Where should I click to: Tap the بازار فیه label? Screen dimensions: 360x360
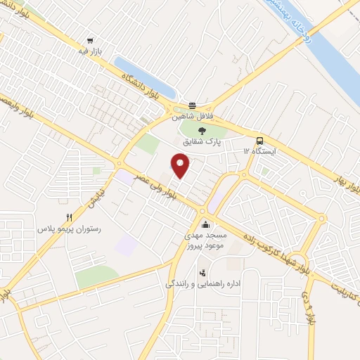point(89,52)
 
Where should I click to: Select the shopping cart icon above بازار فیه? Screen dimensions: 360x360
point(89,41)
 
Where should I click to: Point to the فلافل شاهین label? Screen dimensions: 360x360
point(193,117)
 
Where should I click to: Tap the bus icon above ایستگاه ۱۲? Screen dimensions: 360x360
point(259,140)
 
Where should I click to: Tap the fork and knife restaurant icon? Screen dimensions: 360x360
point(68,218)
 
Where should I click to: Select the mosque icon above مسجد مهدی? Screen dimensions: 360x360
point(205,225)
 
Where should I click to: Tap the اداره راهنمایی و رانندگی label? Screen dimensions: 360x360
point(203,283)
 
